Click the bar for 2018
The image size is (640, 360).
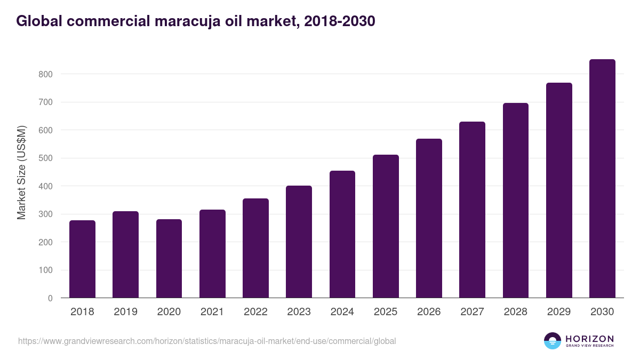82,259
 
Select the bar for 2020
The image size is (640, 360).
169,259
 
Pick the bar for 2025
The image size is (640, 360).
386,226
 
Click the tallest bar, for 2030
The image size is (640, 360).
602,179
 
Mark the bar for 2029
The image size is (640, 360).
559,190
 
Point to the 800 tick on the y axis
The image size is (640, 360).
46,74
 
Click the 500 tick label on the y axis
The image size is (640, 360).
46,158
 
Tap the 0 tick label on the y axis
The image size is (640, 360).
50,298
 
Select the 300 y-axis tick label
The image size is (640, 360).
46,214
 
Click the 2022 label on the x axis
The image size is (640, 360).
255,312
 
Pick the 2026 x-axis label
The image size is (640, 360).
429,312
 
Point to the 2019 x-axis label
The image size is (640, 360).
125,312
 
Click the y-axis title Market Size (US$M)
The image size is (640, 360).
21,173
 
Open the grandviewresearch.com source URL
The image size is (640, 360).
207,341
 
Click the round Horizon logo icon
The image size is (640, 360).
553,341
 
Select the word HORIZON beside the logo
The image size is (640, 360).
589,339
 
